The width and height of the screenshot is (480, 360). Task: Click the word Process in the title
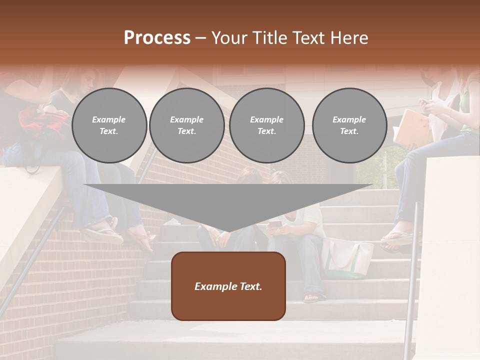pos(157,38)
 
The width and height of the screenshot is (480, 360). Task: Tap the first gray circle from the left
pos(109,125)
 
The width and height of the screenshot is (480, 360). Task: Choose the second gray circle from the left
pos(187,125)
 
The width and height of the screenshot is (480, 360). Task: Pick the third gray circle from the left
pos(267,125)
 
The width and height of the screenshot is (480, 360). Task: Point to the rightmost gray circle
pos(349,125)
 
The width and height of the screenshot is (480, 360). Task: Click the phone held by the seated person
pos(275,224)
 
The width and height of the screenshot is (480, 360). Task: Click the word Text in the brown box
pos(248,286)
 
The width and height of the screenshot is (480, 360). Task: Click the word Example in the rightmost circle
pos(349,119)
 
